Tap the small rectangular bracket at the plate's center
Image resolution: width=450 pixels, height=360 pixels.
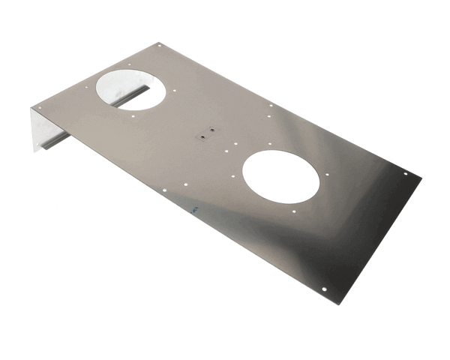(207, 134)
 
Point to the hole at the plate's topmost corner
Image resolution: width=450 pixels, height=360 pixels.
(159, 46)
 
